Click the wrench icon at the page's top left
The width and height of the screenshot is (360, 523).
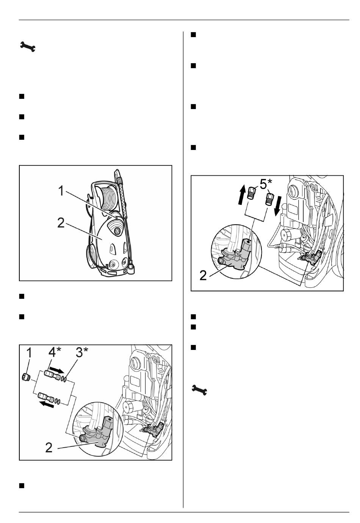pos(28,46)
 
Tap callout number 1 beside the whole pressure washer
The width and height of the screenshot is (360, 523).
pos(61,191)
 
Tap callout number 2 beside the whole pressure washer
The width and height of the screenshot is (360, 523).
pos(61,223)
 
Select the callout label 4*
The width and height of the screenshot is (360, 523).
pos(55,352)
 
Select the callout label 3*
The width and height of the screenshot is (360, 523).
pos(82,352)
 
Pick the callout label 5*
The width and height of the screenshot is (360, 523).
pos(266,184)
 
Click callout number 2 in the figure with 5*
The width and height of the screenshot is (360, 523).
pos(203,275)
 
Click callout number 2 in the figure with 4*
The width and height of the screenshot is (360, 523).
pos(49,448)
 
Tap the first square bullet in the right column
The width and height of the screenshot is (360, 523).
pos(193,35)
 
